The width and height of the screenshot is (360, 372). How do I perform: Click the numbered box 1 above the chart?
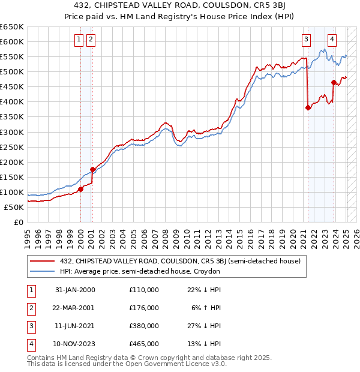79,40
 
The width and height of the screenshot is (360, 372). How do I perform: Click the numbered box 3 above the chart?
306,40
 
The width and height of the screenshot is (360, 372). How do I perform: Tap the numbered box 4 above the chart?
332,40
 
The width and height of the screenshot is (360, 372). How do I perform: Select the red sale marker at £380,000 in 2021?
308,108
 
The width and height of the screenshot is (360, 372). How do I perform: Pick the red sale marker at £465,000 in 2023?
334,82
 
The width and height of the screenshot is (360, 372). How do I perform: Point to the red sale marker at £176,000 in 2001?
92,169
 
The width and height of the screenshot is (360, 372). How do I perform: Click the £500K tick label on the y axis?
12,72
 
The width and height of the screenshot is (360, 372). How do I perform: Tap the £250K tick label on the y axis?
12,147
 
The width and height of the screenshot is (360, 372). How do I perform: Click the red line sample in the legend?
43,261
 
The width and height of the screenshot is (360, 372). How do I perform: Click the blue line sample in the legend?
43,272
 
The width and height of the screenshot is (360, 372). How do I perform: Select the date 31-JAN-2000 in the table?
75,290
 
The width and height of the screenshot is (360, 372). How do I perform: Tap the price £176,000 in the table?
143,308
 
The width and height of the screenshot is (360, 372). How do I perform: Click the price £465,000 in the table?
143,344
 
